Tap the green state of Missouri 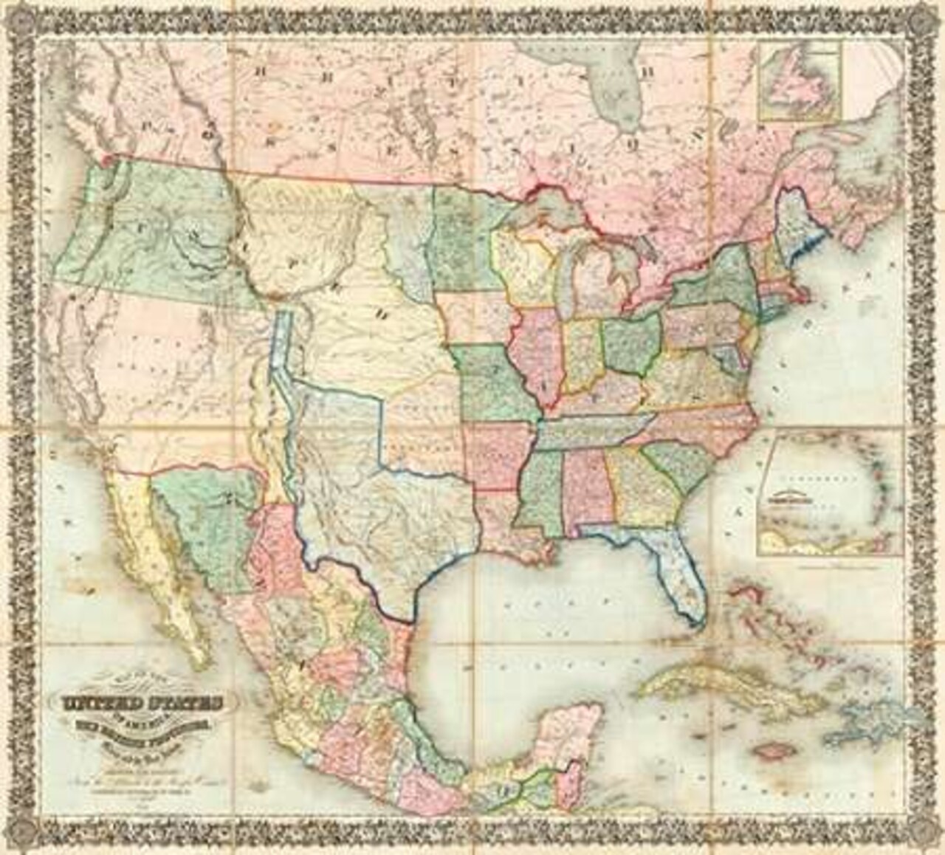click(491, 384)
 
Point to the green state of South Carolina click(679, 465)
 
